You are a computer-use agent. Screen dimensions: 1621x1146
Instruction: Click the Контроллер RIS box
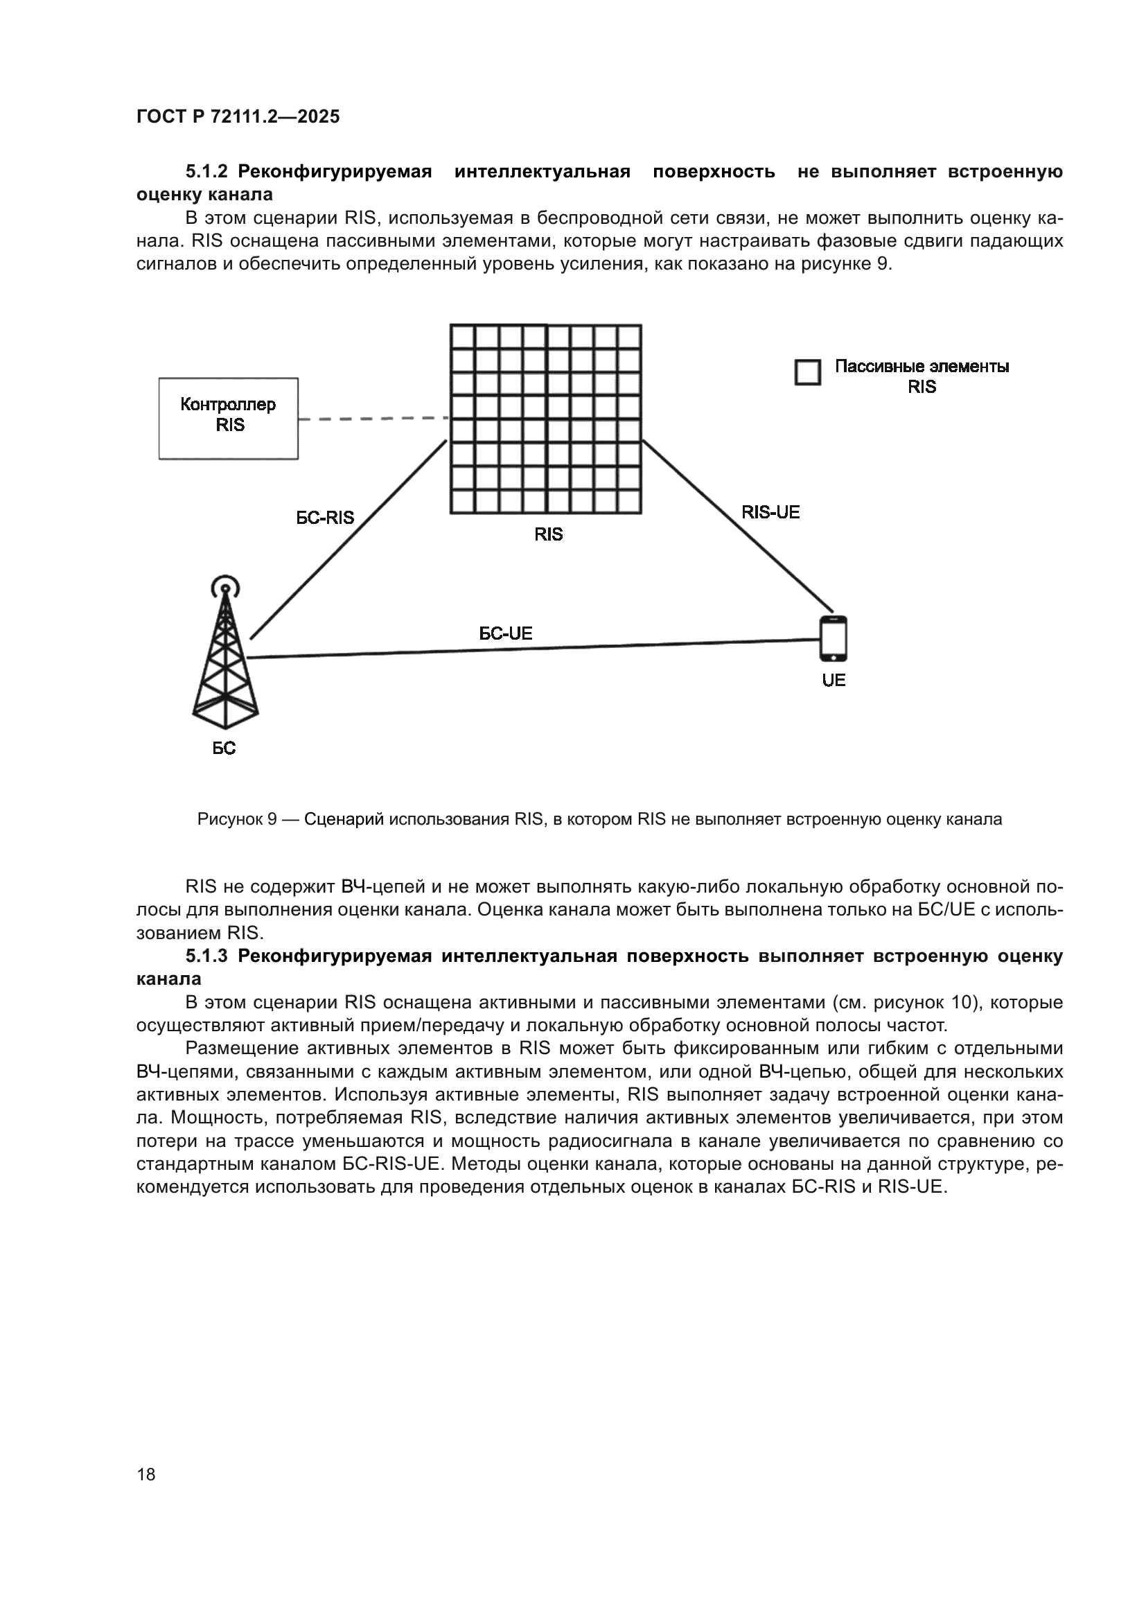(x=228, y=419)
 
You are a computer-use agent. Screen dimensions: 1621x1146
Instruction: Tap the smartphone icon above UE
(x=833, y=638)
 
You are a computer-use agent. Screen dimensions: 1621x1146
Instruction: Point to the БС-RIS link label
(x=324, y=518)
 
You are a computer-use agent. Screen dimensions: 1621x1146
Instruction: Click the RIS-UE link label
(x=770, y=513)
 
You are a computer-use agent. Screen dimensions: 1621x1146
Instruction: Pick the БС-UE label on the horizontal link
(x=505, y=633)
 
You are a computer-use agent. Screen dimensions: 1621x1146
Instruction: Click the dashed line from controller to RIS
(x=373, y=419)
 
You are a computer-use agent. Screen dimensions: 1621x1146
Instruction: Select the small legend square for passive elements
(x=807, y=372)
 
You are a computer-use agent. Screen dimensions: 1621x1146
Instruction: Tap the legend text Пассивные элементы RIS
(x=922, y=376)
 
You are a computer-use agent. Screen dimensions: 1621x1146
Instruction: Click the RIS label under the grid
(x=548, y=534)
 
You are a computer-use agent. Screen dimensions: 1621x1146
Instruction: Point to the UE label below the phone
(x=834, y=681)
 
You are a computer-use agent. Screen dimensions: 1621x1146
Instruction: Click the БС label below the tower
(x=224, y=748)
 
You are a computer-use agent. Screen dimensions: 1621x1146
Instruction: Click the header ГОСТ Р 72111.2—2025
(x=238, y=116)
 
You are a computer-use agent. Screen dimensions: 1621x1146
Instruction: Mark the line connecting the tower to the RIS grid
(x=349, y=538)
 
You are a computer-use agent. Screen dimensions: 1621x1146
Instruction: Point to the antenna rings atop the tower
(x=225, y=585)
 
